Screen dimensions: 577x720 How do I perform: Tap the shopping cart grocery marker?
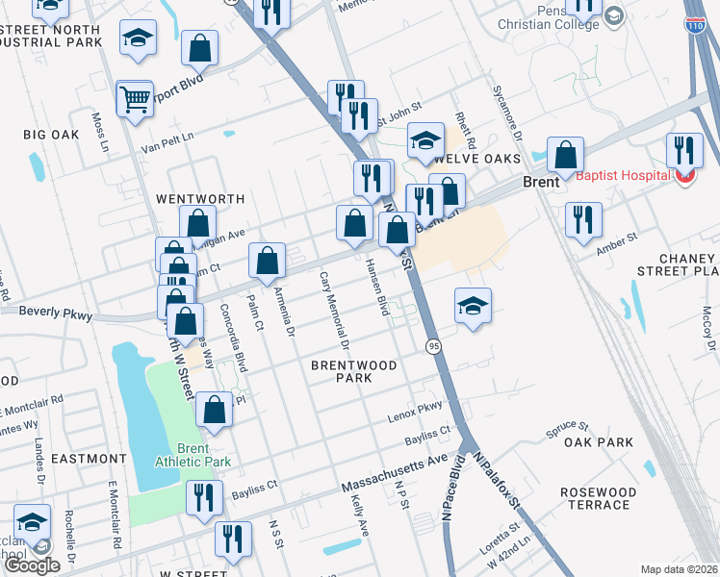coord(135,98)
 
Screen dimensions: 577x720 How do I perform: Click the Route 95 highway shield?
coord(434,345)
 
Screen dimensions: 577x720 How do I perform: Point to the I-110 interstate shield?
coord(695,27)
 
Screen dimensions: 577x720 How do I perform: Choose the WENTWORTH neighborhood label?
coord(200,199)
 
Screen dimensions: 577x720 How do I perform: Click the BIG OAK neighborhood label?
coord(52,134)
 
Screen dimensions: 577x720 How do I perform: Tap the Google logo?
coord(32,565)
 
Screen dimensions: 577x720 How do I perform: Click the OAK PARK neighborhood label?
coord(599,442)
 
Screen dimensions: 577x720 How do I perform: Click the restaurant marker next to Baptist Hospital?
coord(684,151)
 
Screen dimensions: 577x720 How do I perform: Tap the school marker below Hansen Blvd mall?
coord(473,307)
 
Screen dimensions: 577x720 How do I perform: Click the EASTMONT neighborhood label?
coord(89,459)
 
